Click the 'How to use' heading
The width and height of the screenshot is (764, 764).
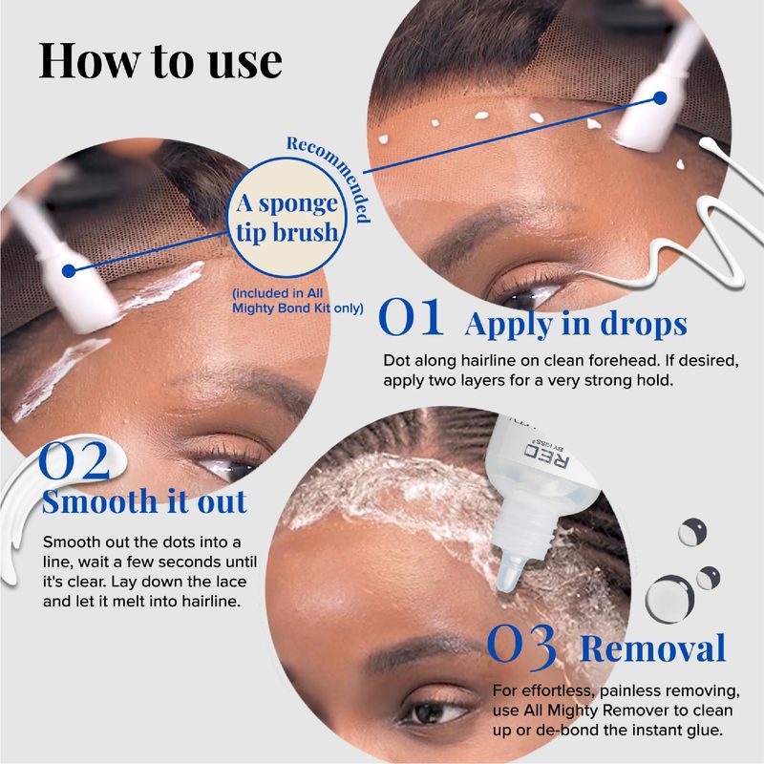[160, 61]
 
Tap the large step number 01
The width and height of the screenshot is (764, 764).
[411, 318]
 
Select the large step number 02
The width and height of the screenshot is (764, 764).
[74, 460]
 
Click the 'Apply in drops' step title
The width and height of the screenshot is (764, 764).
[576, 324]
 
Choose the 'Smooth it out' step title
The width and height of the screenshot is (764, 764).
[144, 501]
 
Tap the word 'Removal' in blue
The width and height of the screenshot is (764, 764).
[653, 648]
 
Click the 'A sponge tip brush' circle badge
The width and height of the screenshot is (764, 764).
[287, 218]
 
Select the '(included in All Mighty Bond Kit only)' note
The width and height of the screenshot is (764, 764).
[298, 301]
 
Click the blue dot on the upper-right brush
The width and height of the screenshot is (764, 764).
[660, 98]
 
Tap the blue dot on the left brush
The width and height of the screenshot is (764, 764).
[69, 271]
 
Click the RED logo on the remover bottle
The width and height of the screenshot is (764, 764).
[546, 455]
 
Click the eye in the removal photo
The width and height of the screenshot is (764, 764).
[432, 712]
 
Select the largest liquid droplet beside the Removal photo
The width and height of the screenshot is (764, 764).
[669, 599]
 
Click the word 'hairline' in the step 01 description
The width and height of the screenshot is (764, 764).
[488, 361]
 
